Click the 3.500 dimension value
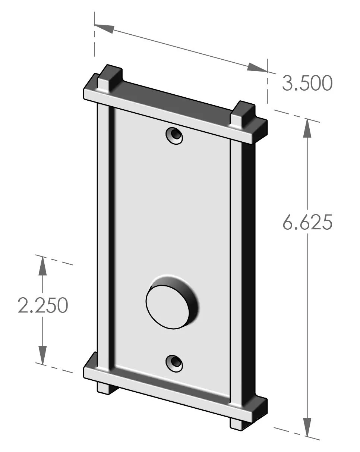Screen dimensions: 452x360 click(307, 84)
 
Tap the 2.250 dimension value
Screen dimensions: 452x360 click(43, 305)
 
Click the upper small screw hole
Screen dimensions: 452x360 click(174, 135)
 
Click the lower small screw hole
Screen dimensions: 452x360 click(174, 362)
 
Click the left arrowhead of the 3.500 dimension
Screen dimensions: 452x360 click(104, 28)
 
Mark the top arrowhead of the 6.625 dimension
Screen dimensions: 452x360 click(307, 129)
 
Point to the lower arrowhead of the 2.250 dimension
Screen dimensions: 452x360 click(42, 355)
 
